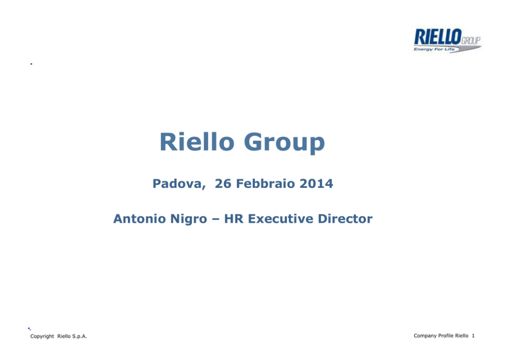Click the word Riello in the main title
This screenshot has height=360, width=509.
click(197, 142)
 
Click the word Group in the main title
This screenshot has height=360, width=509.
click(284, 143)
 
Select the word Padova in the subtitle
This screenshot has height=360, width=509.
click(179, 184)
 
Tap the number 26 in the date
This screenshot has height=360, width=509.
click(223, 183)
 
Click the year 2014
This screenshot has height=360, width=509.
click(316, 183)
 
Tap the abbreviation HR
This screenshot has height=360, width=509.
click(234, 219)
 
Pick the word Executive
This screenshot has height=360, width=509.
click(281, 219)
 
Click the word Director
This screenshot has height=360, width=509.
click(345, 219)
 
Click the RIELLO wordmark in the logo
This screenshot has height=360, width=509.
click(438, 36)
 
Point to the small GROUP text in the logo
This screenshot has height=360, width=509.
click(471, 41)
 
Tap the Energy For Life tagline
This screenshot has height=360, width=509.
click(434, 49)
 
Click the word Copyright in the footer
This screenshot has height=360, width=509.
click(42, 336)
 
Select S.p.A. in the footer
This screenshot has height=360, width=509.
click(80, 336)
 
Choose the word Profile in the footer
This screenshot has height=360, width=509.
click(446, 335)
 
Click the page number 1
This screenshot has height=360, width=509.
click(473, 336)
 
